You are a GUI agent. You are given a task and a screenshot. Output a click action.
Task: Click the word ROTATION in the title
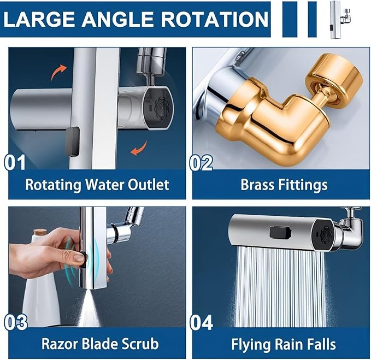(x=214, y=19)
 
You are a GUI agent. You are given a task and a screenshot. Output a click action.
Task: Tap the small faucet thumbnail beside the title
(x=340, y=19)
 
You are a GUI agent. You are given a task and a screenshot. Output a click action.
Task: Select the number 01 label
(x=15, y=162)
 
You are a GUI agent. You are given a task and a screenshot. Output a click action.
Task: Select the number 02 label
(x=201, y=162)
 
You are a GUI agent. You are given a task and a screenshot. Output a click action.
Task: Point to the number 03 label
(x=16, y=322)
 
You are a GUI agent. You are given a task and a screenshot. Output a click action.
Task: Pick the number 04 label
(x=202, y=322)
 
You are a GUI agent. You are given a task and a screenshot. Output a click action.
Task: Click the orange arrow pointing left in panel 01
(x=139, y=149)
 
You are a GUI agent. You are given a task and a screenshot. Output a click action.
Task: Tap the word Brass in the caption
(x=257, y=185)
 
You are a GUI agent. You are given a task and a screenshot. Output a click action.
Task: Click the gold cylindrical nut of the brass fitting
(x=334, y=81)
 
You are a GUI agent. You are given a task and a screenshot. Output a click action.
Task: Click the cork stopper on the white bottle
(x=39, y=231)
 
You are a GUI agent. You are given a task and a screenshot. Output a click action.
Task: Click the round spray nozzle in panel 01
(x=162, y=109)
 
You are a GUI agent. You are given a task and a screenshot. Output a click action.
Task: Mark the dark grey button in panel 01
(x=72, y=141)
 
